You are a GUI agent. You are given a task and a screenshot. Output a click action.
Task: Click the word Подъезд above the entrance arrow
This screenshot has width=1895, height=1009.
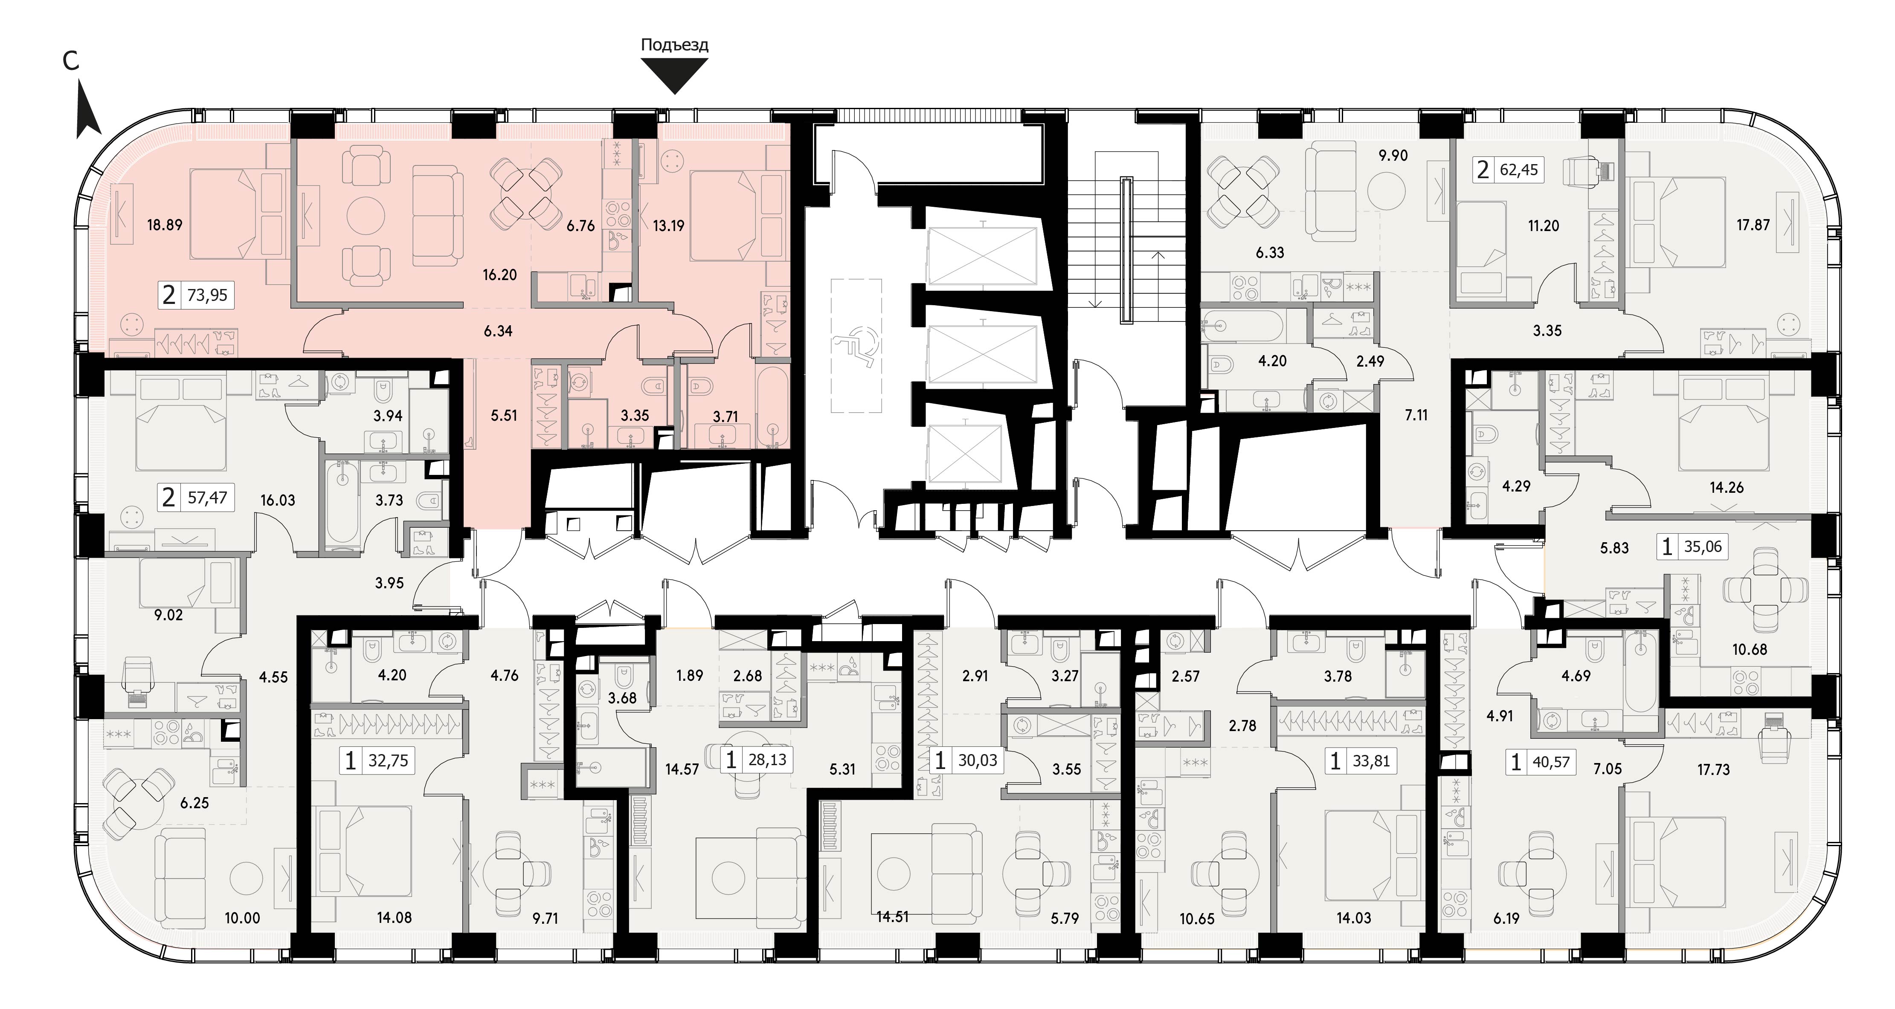tap(675, 45)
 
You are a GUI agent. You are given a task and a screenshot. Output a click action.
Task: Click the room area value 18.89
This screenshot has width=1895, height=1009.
tap(165, 225)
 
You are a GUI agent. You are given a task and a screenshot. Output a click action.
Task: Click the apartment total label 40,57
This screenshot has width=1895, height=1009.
tap(1551, 763)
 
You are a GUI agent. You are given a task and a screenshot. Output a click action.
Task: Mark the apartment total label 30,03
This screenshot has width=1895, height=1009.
tap(978, 760)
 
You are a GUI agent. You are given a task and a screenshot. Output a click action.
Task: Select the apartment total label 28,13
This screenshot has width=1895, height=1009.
tap(767, 760)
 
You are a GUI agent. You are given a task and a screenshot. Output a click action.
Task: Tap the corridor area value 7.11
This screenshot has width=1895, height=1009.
tap(1416, 415)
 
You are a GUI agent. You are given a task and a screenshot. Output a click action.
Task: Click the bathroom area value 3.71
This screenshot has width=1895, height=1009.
tap(725, 417)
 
